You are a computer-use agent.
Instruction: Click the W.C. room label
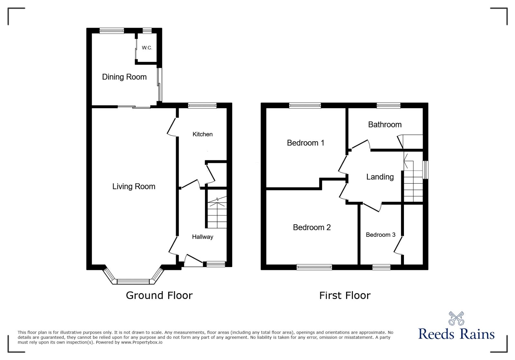pos(147,48)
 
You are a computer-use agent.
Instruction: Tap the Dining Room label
pos(124,77)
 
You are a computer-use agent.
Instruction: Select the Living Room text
pos(134,187)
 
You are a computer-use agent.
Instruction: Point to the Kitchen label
pos(202,134)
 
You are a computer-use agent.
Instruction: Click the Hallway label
pos(202,237)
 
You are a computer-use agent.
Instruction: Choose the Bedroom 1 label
pos(305,143)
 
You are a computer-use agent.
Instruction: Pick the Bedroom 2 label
pos(312,227)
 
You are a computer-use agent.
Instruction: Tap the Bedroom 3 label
pos(380,235)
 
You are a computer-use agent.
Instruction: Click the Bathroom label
pos(385,125)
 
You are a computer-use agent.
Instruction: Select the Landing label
pos(380,177)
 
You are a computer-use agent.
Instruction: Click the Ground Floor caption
pos(159,295)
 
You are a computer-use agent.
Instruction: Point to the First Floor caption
pos(345,295)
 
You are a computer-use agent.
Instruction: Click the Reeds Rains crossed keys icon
pos(456,318)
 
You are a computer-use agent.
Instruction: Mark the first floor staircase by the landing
pos(413,182)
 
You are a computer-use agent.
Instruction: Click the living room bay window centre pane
pos(133,282)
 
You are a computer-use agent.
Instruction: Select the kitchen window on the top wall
pos(202,105)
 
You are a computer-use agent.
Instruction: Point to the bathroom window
pos(389,105)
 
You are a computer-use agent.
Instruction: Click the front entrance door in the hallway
pos(194,261)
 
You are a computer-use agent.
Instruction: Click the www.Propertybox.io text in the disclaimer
pos(142,342)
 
